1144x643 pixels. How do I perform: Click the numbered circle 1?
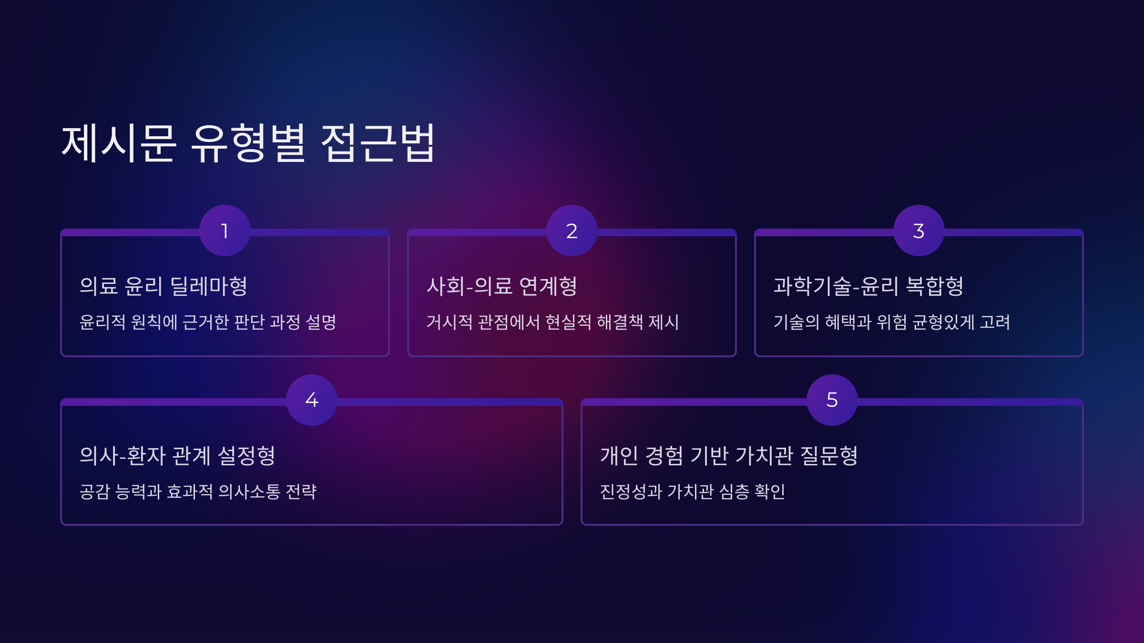pos(225,231)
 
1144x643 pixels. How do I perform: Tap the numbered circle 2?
pos(572,231)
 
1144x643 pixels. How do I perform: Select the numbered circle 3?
pos(919,231)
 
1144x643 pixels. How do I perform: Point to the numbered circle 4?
pos(312,400)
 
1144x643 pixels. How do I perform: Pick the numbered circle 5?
pos(832,400)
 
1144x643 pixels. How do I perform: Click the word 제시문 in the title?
pos(119,143)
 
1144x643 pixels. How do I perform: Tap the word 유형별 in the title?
pos(248,143)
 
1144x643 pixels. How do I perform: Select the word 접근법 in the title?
pos(378,143)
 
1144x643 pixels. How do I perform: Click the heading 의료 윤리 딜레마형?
pos(163,286)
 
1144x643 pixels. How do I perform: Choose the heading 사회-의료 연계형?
pos(501,286)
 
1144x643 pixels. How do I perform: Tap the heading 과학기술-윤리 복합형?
pos(868,286)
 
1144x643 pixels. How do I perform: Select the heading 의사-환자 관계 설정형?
pos(177,456)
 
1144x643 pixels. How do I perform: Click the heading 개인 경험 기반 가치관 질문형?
pos(729,456)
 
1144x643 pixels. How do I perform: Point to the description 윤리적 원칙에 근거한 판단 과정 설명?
pos(208,322)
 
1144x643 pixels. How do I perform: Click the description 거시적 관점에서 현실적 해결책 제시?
pos(552,322)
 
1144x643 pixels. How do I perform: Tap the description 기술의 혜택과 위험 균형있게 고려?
pos(891,322)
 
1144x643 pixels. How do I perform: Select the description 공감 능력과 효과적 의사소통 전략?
pos(198,492)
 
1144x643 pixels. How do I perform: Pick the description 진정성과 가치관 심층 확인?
pos(692,492)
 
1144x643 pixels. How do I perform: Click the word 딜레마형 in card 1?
pos(209,286)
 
